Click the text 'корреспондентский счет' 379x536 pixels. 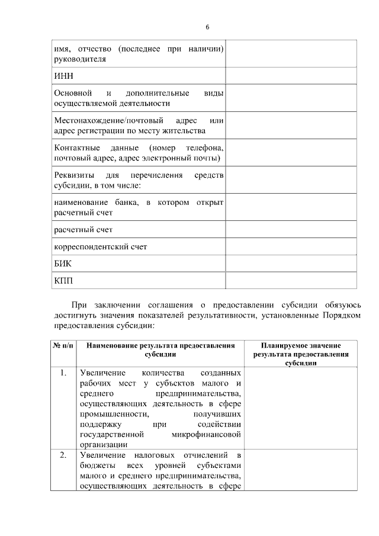click(100, 246)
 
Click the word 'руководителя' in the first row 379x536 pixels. click(80, 60)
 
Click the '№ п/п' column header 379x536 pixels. click(63, 344)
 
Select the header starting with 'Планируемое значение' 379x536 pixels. click(300, 354)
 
